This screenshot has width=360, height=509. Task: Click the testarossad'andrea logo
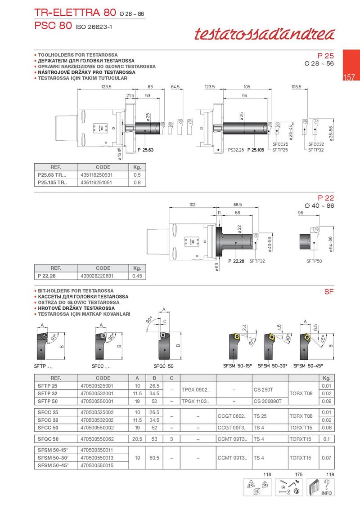pyautogui.click(x=265, y=34)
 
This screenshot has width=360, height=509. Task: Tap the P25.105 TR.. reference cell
pyautogui.click(x=52, y=183)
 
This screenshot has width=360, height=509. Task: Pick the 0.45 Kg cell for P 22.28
pyautogui.click(x=137, y=276)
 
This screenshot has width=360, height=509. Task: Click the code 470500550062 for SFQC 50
pyautogui.click(x=97, y=439)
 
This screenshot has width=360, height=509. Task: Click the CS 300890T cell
pyautogui.click(x=268, y=401)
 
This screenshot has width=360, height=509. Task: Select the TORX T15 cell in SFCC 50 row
pyautogui.click(x=301, y=428)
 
